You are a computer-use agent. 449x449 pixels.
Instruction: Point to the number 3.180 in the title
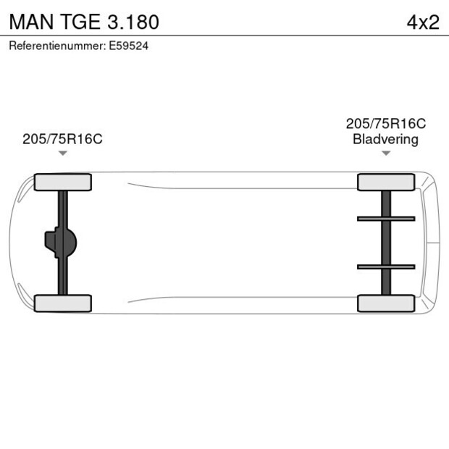(x=132, y=22)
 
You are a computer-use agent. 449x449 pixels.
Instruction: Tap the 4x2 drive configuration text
(x=422, y=22)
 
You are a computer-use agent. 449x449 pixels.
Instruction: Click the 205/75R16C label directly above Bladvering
(x=385, y=124)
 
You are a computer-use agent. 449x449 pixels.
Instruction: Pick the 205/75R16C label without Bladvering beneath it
(x=62, y=139)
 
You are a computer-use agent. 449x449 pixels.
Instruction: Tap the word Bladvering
(x=385, y=139)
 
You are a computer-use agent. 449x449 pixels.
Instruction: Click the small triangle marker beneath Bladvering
(x=385, y=153)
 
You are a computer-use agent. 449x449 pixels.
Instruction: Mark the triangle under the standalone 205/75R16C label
(x=63, y=153)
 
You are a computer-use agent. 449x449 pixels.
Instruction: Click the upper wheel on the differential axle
(x=63, y=182)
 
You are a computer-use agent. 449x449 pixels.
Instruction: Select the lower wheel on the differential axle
(x=63, y=303)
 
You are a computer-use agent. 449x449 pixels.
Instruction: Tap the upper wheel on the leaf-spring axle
(x=385, y=182)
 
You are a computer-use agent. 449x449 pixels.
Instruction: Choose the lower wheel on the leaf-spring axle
(x=385, y=303)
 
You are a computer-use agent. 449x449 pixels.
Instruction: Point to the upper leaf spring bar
(x=385, y=218)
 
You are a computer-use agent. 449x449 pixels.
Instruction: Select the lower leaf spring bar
(x=385, y=267)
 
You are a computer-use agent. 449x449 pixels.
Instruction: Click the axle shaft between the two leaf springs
(x=385, y=243)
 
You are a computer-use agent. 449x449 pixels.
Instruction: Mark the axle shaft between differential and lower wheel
(x=63, y=279)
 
